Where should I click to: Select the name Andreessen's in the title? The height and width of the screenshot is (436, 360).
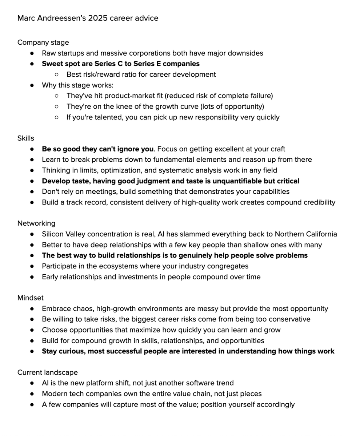(x=61, y=18)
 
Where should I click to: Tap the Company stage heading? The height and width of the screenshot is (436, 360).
(x=43, y=43)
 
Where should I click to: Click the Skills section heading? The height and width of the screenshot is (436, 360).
(x=26, y=138)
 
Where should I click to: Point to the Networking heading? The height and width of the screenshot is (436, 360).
(x=36, y=223)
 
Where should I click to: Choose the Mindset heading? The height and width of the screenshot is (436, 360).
(x=31, y=298)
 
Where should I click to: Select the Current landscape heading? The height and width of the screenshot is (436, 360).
(x=47, y=372)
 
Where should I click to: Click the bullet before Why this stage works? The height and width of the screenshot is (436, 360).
(x=32, y=85)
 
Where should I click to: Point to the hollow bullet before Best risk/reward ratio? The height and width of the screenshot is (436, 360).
(x=56, y=75)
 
